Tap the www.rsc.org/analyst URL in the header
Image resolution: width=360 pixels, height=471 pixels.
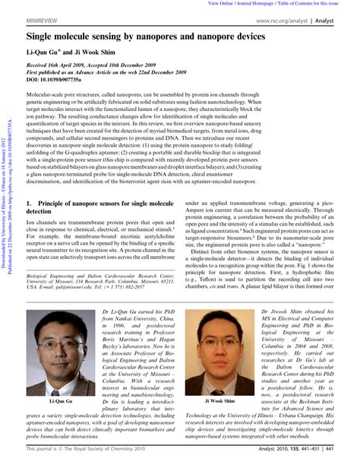pyautogui.click(x=284, y=21)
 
